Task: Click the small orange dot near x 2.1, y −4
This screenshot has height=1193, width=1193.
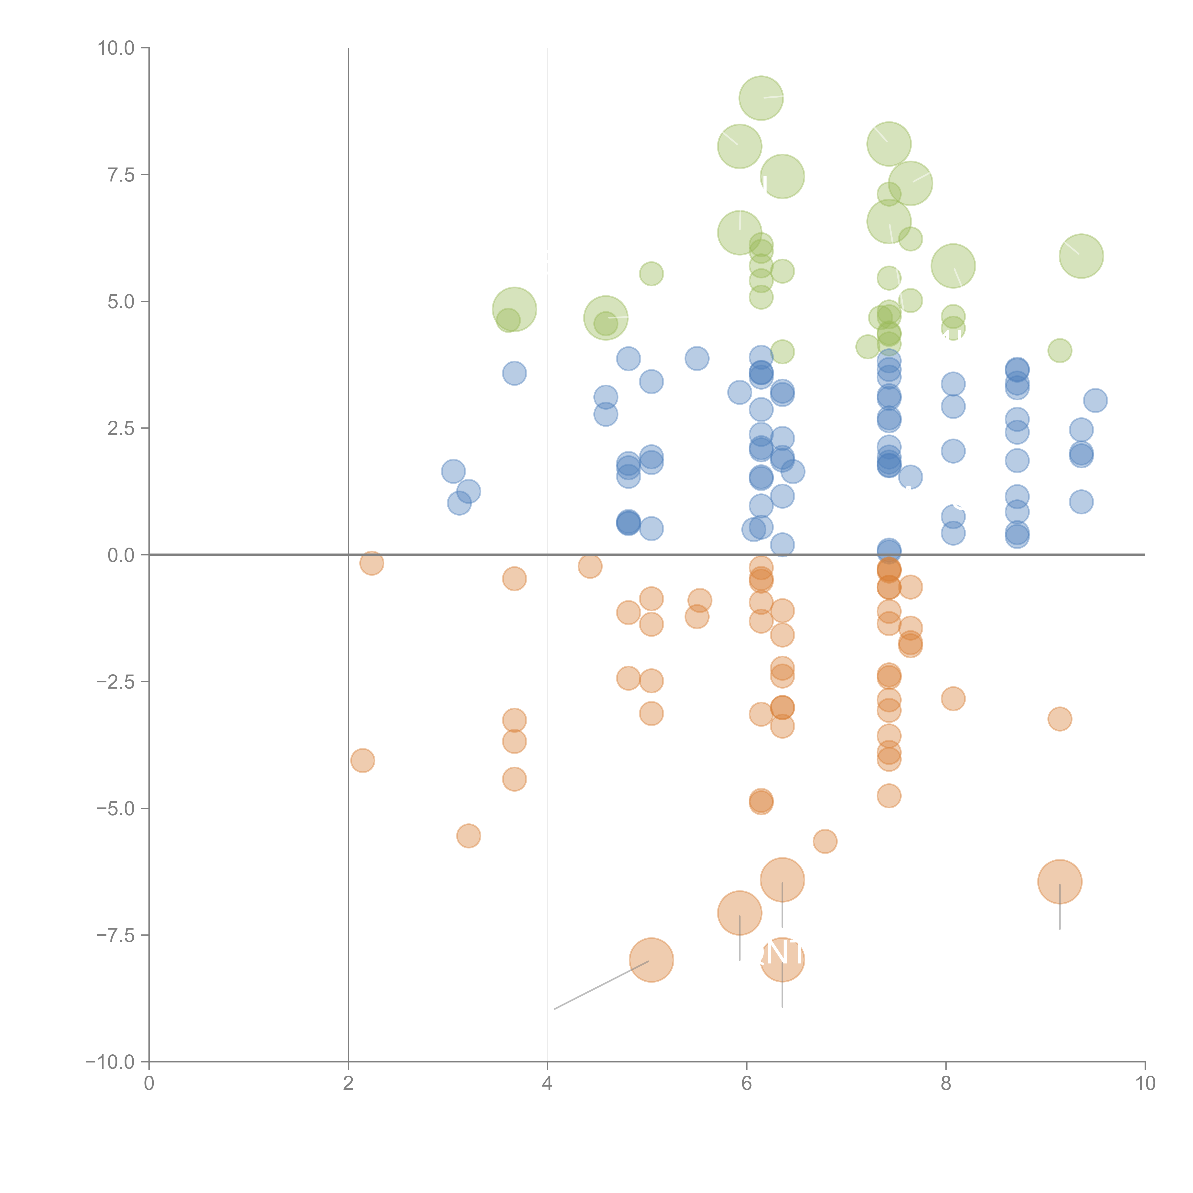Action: [362, 760]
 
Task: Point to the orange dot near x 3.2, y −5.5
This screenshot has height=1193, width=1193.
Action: [469, 836]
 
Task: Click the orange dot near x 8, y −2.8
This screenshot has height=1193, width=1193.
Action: [953, 698]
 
